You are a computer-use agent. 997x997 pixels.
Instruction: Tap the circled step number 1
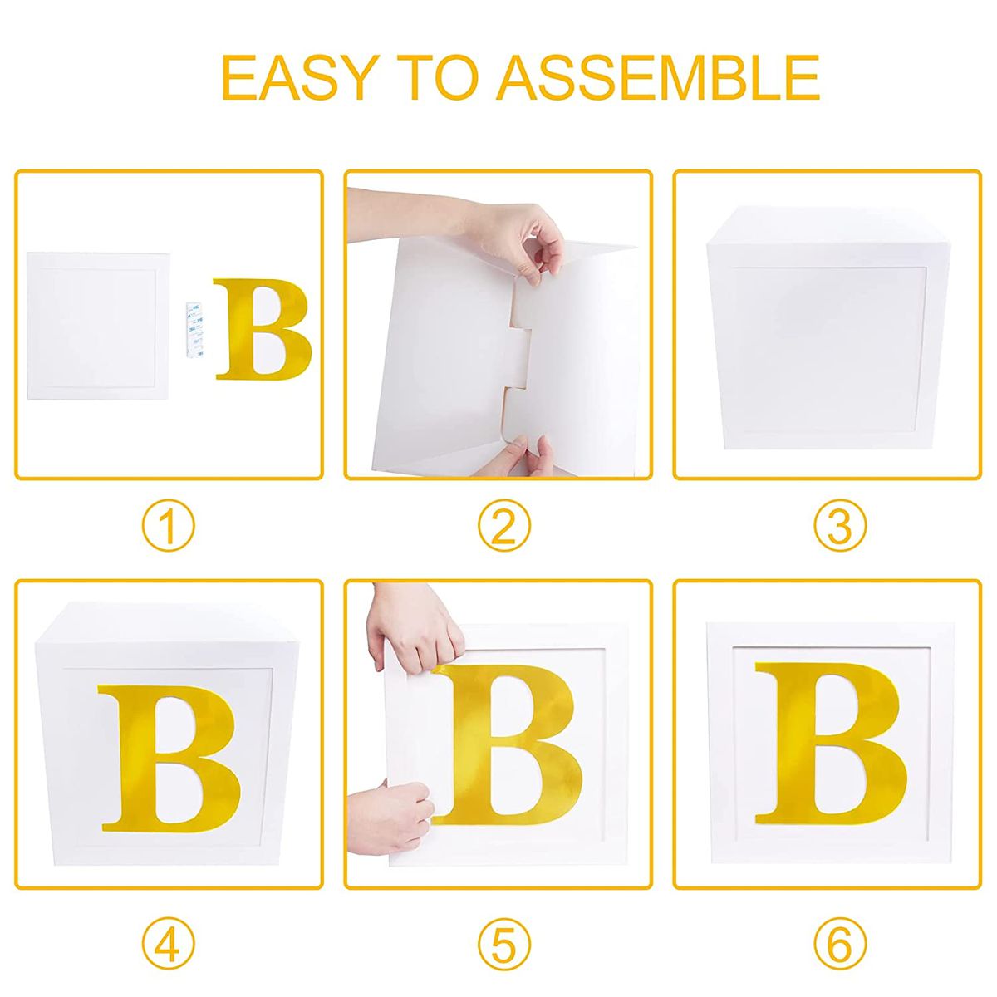[168, 528]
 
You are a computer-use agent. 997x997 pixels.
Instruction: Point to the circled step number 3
[839, 528]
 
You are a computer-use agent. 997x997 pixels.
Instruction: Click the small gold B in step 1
[262, 330]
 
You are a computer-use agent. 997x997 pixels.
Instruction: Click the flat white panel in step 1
[98, 325]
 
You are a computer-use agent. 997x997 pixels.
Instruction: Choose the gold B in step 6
[831, 742]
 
